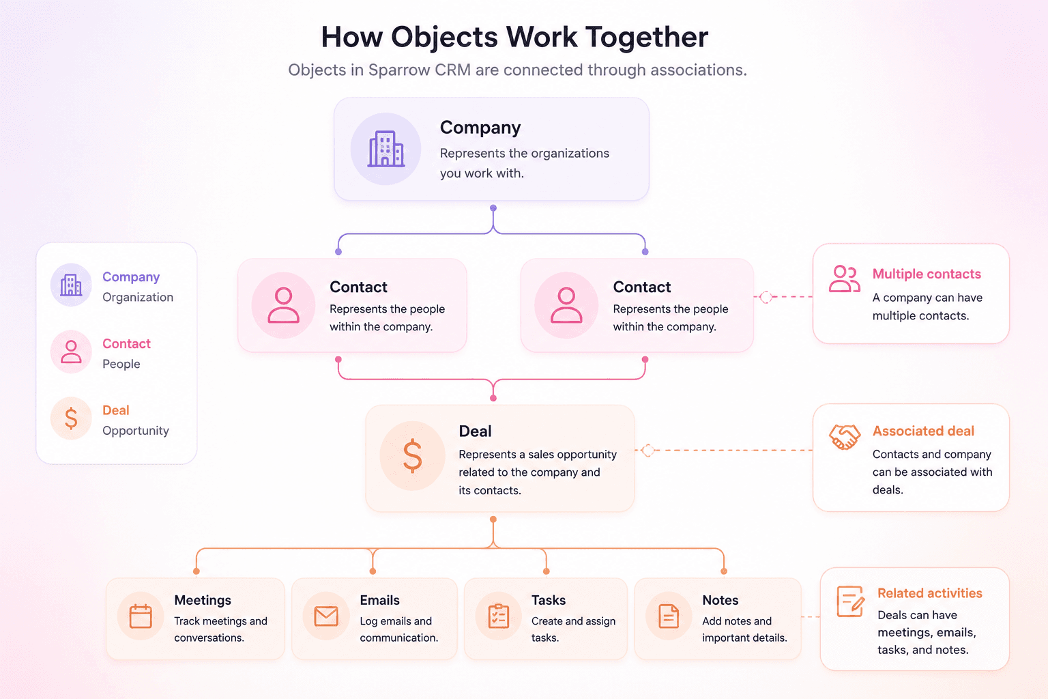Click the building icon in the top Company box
click(386, 148)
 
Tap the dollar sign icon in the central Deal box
click(412, 455)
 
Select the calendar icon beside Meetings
click(141, 616)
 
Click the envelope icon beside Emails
click(326, 616)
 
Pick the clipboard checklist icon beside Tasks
click(498, 616)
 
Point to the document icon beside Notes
click(669, 616)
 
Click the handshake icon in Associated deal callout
click(845, 437)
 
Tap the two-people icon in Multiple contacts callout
click(845, 279)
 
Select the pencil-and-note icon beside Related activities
click(850, 601)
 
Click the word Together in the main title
click(647, 38)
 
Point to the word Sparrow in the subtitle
click(398, 70)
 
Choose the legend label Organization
click(138, 298)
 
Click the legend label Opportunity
click(136, 430)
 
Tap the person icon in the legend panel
click(71, 352)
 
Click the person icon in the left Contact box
click(283, 305)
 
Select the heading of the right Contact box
click(642, 287)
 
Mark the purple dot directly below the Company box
click(493, 208)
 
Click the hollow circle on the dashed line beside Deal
click(648, 451)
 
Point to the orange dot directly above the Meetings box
click(196, 571)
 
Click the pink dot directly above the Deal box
click(493, 398)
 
